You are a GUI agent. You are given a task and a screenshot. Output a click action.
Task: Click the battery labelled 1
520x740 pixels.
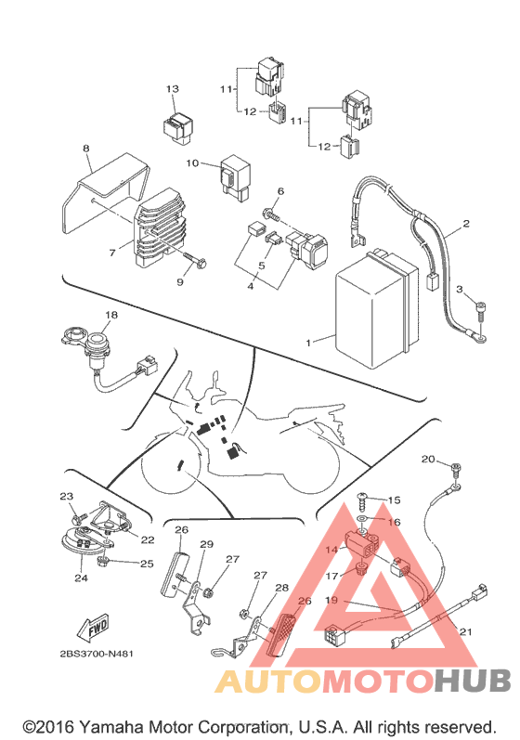377,309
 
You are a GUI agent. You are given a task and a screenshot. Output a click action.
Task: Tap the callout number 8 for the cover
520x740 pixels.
85,149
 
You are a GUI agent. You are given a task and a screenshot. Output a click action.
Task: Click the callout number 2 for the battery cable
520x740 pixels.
466,223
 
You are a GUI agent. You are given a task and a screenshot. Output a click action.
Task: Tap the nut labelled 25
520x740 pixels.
102,561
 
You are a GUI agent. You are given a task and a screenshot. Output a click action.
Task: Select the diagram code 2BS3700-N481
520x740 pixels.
97,654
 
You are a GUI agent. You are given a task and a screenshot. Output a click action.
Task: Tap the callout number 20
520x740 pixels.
428,459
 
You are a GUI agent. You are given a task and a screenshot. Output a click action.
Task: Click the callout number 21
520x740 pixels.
466,631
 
